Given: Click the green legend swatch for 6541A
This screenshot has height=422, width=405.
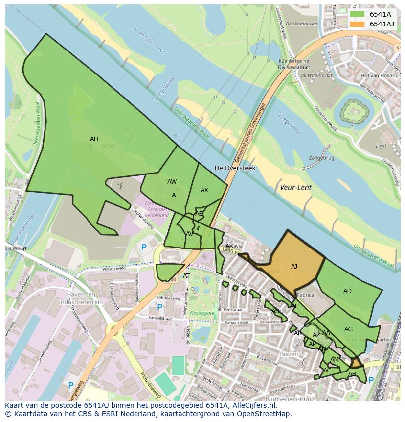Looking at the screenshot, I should point(358,14).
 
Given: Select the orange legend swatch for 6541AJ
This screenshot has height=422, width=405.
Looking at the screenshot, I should point(358,24).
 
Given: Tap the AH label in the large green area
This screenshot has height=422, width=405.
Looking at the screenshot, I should point(94,139).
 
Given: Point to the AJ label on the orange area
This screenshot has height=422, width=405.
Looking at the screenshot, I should point(294,267).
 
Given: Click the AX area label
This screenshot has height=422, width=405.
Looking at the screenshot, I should point(204,190).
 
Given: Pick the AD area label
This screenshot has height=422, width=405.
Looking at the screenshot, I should point(347,291).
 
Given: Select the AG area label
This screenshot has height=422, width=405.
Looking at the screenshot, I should point(348,329).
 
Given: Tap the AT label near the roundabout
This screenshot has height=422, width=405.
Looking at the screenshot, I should point(186,276).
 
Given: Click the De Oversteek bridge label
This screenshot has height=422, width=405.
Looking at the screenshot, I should point(235,168).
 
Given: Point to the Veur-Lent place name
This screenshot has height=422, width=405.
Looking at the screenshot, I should point(295,187).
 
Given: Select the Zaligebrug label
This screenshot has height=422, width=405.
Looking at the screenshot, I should point(321,158).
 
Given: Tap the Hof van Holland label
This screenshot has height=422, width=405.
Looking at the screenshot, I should point(379,76).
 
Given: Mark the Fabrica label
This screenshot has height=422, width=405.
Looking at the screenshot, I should point(305,295).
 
